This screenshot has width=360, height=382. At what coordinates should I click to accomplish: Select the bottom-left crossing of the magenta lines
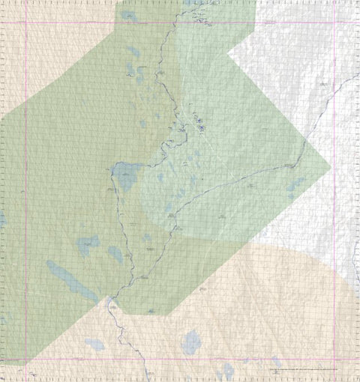click(x=26, y=360)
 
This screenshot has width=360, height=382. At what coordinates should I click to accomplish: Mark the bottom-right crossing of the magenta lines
click(x=334, y=360)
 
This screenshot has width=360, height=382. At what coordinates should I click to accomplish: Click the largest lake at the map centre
click(x=124, y=178)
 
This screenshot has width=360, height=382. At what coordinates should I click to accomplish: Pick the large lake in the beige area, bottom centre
click(x=191, y=342)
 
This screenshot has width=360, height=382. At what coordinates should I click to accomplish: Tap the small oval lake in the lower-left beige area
click(x=94, y=345)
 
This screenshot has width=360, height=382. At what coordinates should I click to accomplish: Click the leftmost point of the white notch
click(x=227, y=53)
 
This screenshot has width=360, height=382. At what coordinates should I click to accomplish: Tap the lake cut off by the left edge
click(x=2, y=219)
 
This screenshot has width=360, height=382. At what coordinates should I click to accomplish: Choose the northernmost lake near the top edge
click(x=129, y=15)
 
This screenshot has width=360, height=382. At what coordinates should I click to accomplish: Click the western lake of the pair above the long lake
click(x=87, y=244)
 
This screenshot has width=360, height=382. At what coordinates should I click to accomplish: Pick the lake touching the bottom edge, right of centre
click(x=226, y=372)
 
